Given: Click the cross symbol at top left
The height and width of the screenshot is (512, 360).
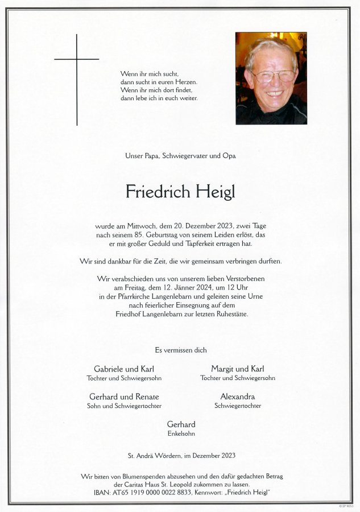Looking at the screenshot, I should (x=77, y=59).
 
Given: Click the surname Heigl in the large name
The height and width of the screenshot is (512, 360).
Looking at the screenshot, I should (x=212, y=192).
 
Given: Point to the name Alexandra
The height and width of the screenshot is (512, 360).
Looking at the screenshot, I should (x=238, y=397).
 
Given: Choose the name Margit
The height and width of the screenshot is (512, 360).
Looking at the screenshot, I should (x=223, y=369).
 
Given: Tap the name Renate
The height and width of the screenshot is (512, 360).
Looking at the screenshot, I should (x=148, y=397).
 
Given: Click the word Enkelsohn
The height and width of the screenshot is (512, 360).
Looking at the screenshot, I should (x=181, y=433).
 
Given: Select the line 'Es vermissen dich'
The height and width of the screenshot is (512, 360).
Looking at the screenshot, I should (x=180, y=350).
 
